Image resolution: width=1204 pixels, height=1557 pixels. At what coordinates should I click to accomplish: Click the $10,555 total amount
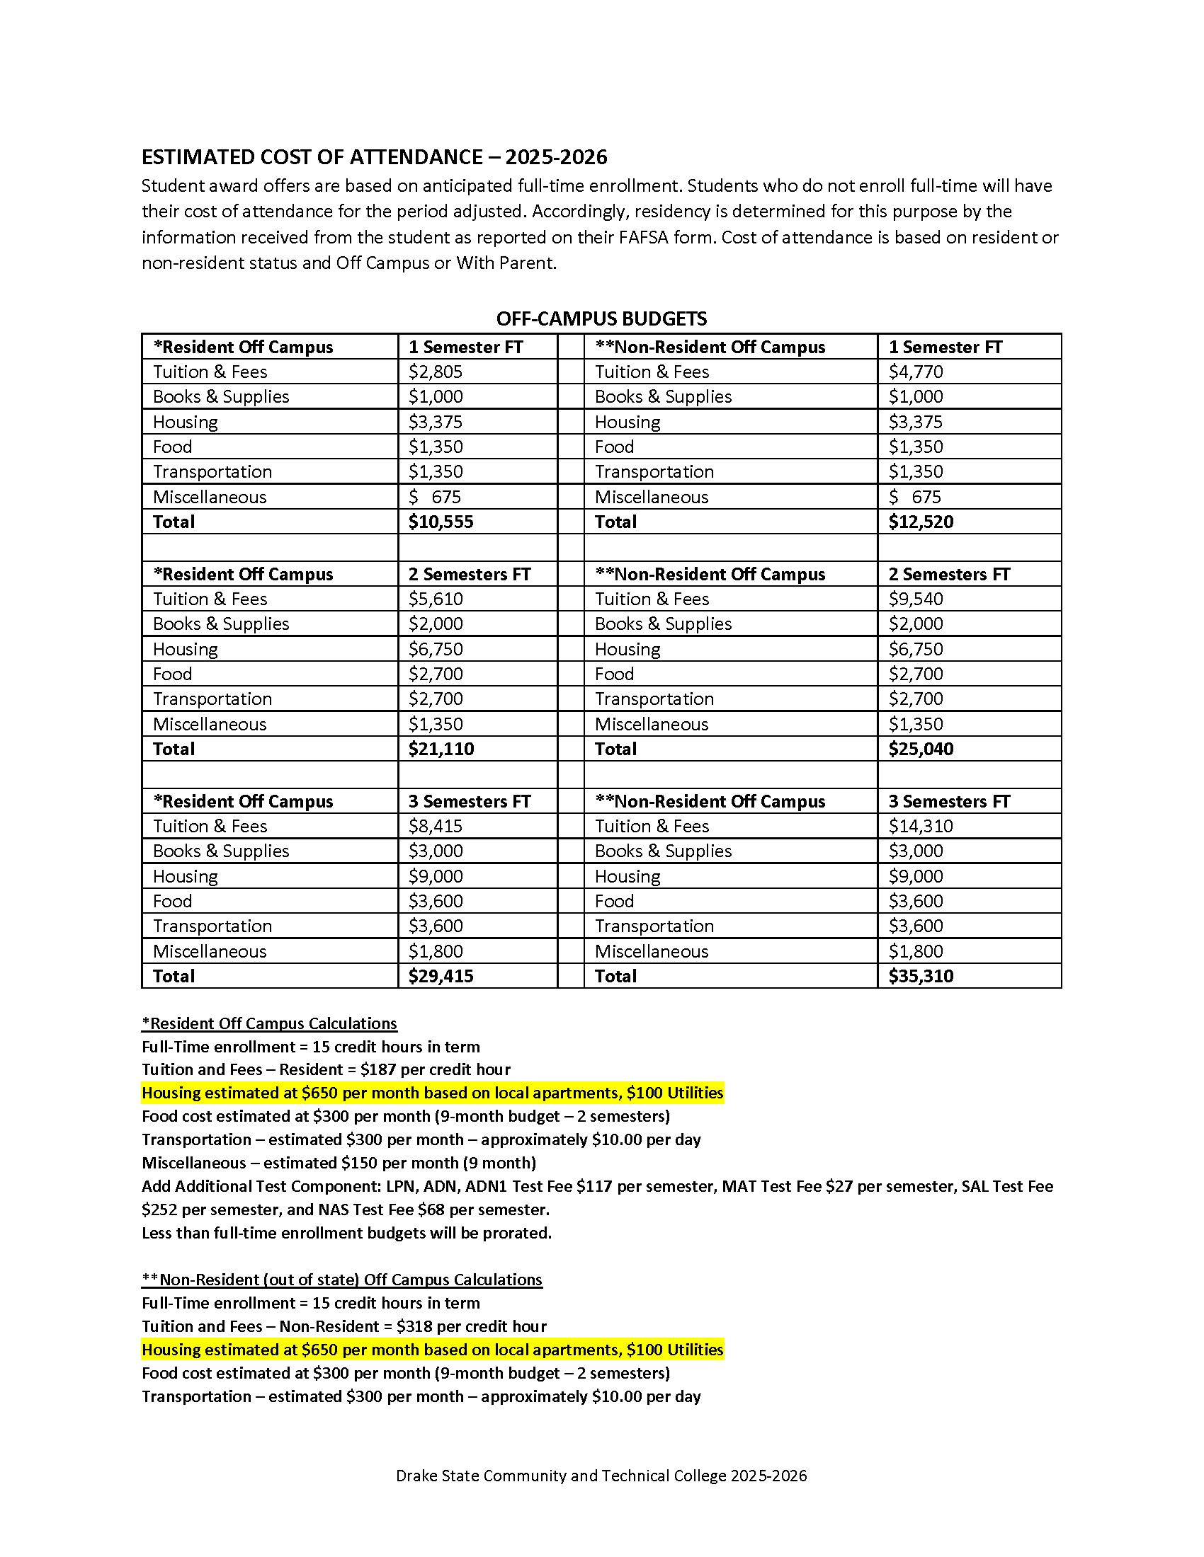coord(441,522)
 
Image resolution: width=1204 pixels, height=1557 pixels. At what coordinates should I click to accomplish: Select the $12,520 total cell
coord(920,522)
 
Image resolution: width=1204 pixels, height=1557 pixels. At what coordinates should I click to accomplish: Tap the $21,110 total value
coord(441,749)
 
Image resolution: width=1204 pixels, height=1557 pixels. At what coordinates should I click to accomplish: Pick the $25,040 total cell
coord(920,749)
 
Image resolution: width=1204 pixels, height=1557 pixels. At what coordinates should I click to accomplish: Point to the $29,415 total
coord(441,976)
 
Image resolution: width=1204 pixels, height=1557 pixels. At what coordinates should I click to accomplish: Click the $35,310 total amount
coord(920,976)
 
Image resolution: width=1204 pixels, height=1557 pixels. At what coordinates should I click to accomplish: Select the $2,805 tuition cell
coord(435,372)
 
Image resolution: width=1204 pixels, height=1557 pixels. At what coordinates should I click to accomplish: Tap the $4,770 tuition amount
coord(915,372)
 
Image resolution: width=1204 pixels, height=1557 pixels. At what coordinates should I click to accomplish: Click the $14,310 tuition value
coord(920,826)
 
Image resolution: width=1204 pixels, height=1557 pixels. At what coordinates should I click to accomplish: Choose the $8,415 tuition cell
coord(435,826)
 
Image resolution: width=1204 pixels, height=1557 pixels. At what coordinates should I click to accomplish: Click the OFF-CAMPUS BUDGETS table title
coord(601,318)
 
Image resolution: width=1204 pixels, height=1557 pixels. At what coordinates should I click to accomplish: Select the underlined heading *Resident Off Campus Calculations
coord(269,1024)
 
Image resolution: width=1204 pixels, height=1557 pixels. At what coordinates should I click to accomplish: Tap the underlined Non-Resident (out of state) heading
coord(341,1280)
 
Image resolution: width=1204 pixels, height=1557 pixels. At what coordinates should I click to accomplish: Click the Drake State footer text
coord(601,1476)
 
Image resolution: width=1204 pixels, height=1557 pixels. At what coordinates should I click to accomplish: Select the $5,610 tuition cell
coord(435,599)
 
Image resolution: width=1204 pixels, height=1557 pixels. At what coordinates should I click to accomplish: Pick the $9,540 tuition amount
coord(915,599)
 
